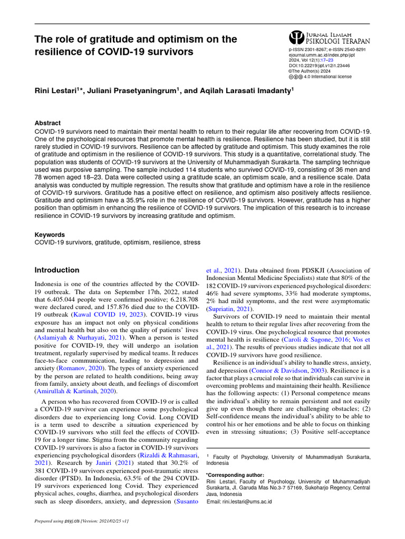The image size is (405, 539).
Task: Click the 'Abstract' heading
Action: coord(47,123)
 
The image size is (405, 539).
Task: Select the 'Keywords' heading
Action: coord(50,235)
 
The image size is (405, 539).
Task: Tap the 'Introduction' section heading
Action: coord(57,270)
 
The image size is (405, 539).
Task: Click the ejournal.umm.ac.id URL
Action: coord(317,55)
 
